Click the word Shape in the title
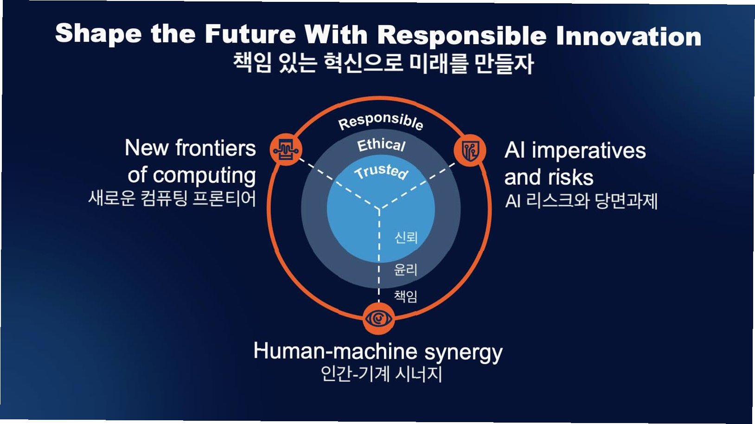98,34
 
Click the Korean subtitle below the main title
383,63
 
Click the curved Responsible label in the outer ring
380,121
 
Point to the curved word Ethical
381,145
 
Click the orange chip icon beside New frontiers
286,150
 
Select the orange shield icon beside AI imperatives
469,150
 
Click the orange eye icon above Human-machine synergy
379,319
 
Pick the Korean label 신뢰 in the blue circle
406,237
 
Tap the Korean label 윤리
405,269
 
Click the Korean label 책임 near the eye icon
405,296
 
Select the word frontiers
216,148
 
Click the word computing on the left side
204,175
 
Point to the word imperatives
588,151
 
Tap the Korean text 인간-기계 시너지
381,373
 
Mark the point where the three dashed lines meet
379,209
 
